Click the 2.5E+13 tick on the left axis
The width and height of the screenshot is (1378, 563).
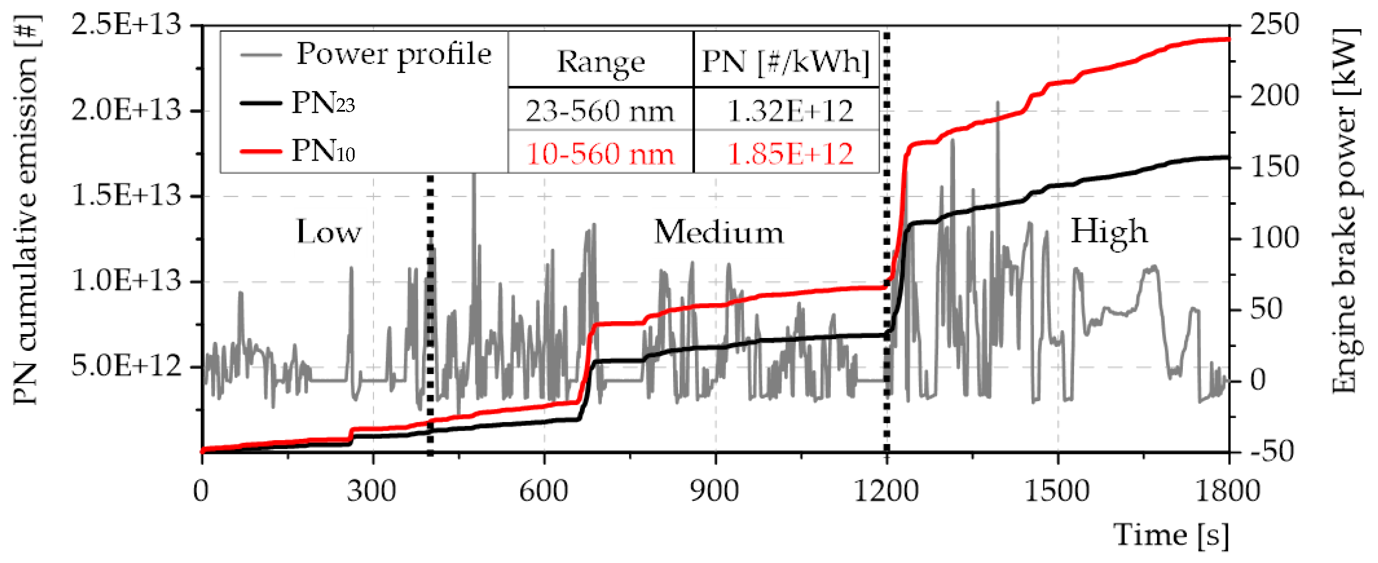tap(126, 25)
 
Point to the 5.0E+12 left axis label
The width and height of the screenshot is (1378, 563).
tap(126, 366)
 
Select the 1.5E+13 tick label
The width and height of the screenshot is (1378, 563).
tap(126, 196)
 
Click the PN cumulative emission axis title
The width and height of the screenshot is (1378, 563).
tap(26, 211)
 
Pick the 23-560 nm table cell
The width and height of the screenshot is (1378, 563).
tap(600, 111)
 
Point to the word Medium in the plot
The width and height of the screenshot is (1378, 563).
tap(718, 233)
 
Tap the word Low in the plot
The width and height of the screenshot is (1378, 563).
tap(329, 233)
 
